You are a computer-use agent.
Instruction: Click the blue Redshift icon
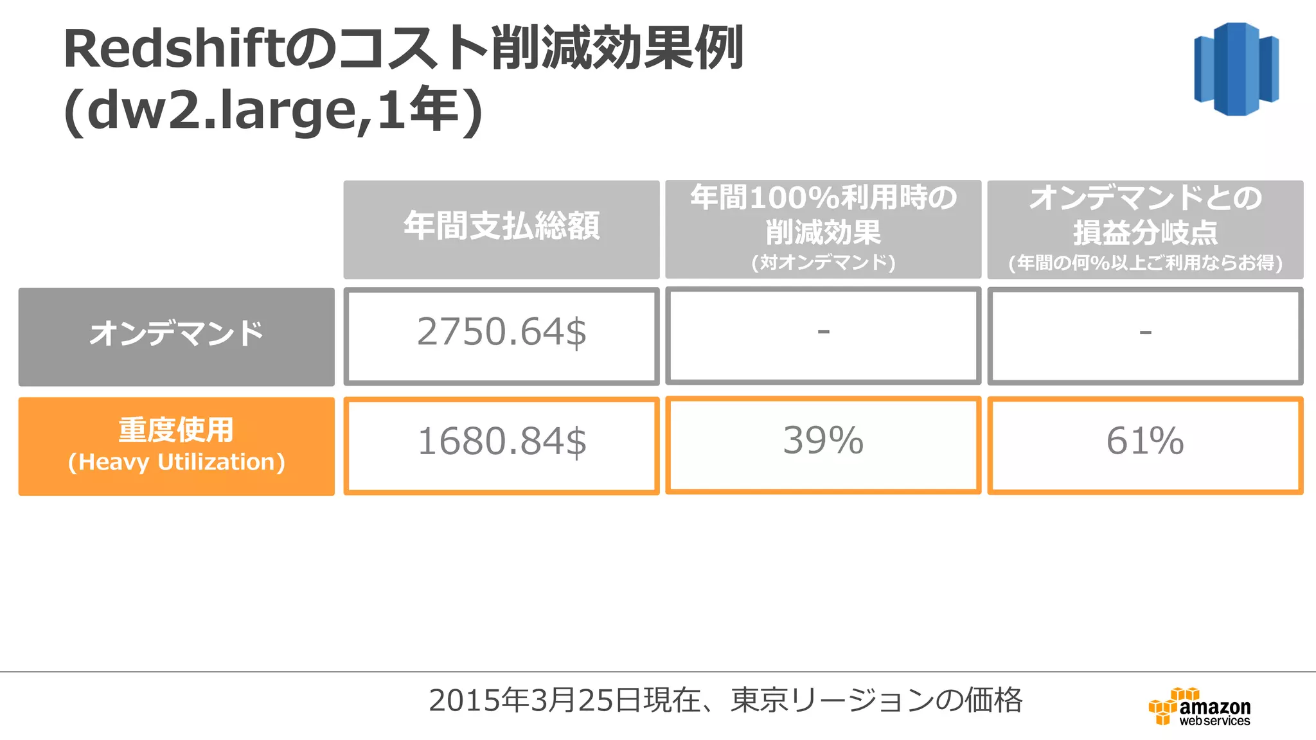coord(1236,69)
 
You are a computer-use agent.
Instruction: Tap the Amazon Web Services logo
coord(1200,707)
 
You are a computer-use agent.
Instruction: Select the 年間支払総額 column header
coord(501,227)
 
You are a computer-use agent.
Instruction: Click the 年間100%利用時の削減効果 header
coord(823,215)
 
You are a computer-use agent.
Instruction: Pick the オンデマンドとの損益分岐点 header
coord(1145,215)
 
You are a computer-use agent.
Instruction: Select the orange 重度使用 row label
coord(176,430)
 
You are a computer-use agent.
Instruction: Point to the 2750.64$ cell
coord(501,333)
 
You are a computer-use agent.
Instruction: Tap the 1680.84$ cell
coord(501,442)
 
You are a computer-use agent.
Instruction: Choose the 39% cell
coord(823,441)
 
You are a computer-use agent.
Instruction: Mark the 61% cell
coord(1145,441)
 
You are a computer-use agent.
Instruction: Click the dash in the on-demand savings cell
coord(823,332)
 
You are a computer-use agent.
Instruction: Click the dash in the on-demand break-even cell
coord(1145,332)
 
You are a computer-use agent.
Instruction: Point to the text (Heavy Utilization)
coord(176,463)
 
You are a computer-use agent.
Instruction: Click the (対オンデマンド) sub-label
coord(823,263)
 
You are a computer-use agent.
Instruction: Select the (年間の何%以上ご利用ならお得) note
coord(1145,263)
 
